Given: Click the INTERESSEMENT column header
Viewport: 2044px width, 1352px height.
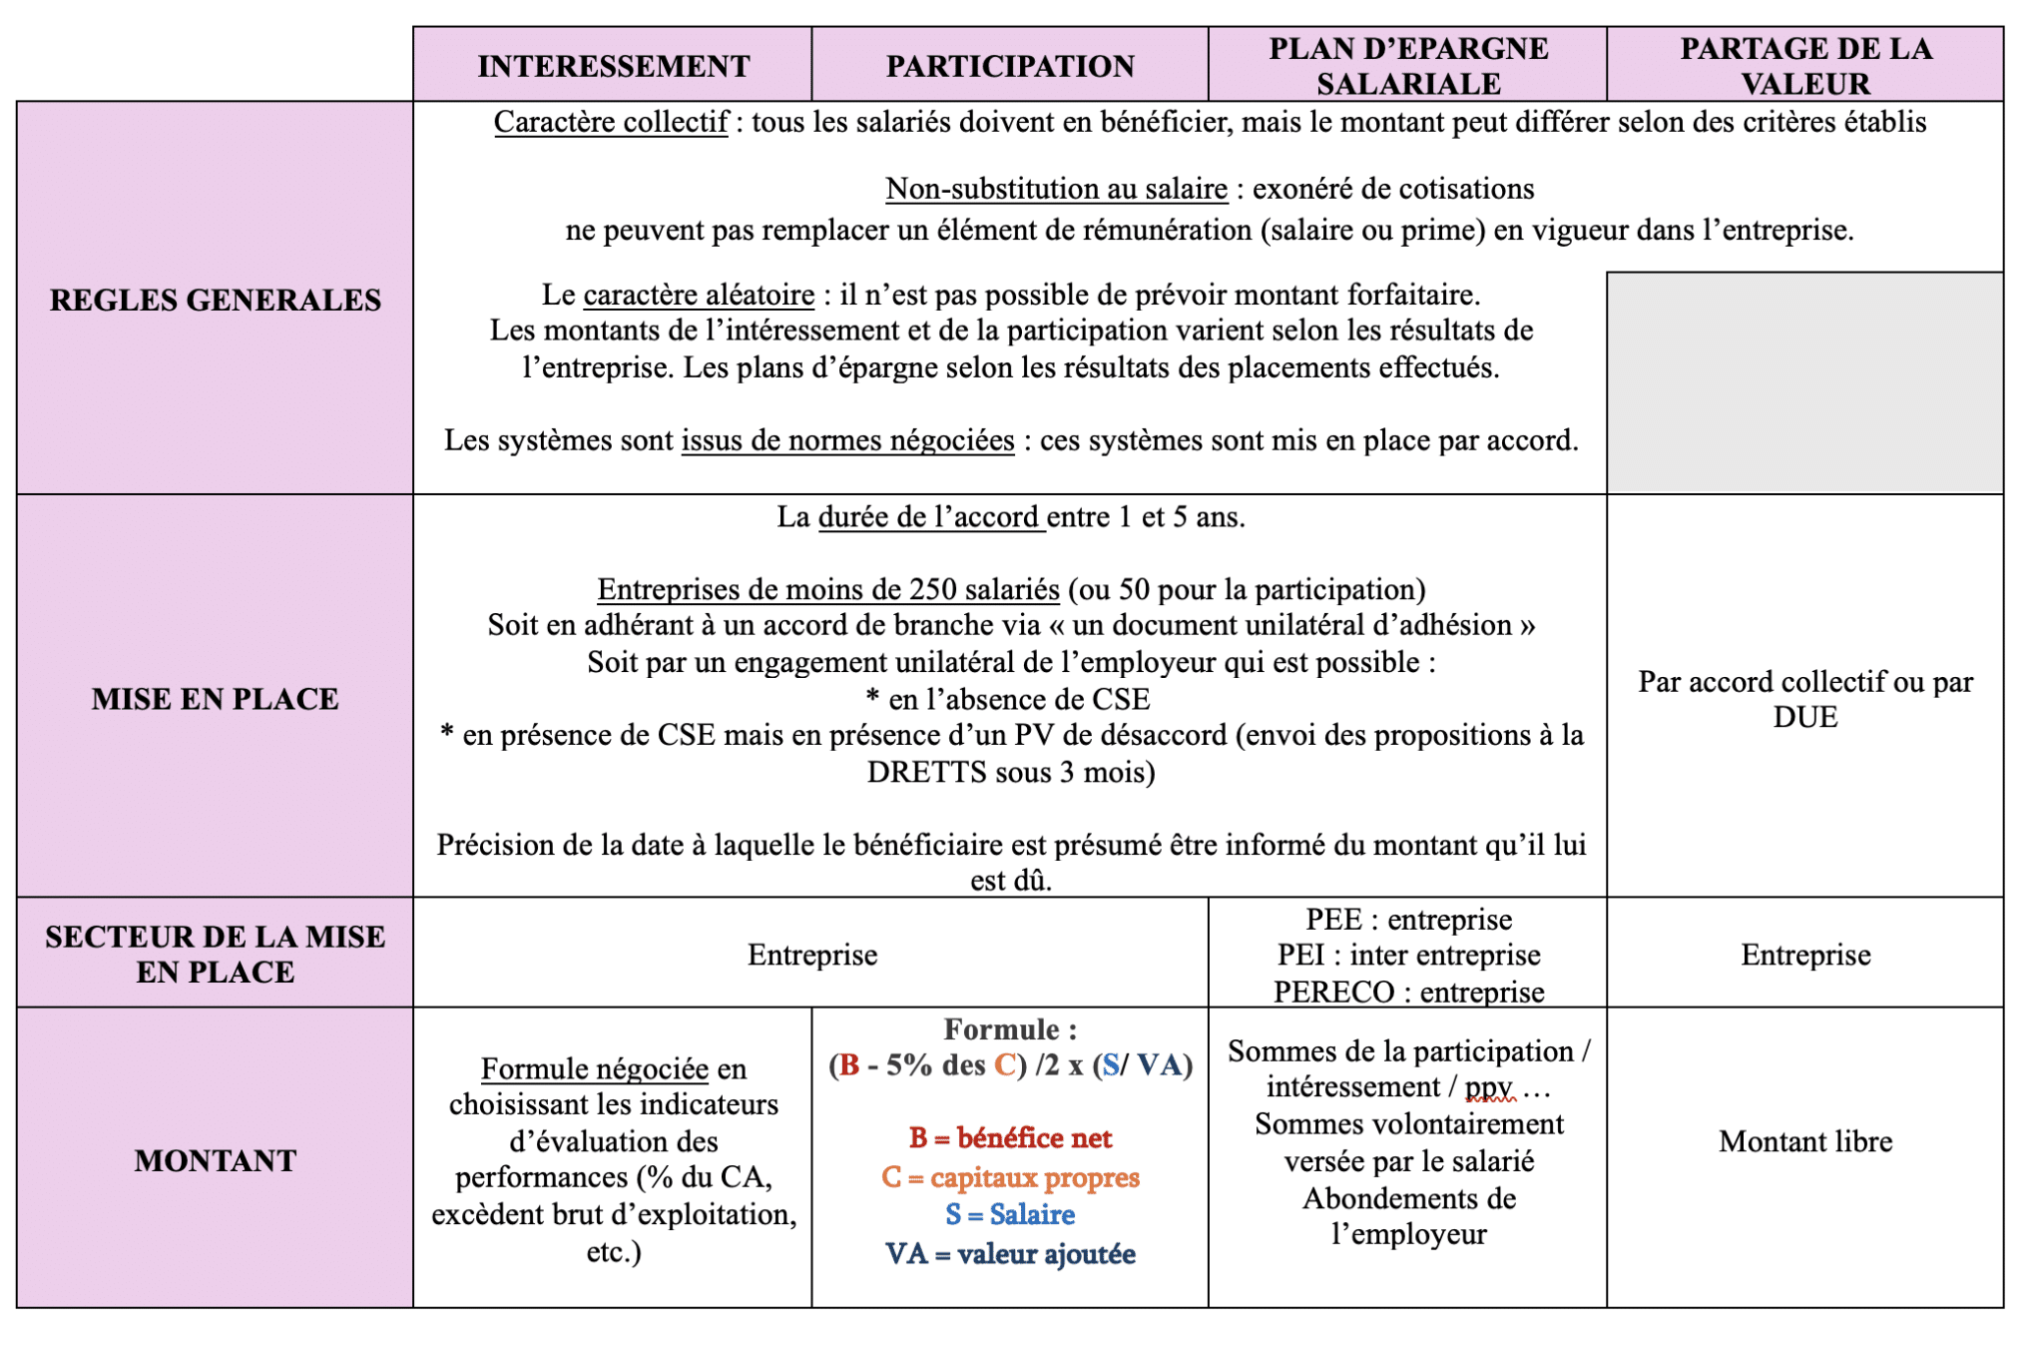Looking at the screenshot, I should [x=613, y=66].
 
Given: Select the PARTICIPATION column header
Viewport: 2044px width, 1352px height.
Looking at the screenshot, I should [x=1010, y=66].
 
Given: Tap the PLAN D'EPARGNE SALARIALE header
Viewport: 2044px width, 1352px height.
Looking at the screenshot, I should [x=1408, y=66].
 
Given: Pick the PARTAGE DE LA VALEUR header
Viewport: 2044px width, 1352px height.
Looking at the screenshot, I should [x=1805, y=66].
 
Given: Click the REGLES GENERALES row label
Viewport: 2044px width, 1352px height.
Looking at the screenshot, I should [x=216, y=300].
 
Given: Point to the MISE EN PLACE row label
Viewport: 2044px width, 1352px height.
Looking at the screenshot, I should [x=216, y=698].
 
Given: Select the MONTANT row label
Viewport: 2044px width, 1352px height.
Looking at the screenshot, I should [x=216, y=1160].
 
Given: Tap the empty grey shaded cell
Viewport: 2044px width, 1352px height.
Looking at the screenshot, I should [x=1805, y=382].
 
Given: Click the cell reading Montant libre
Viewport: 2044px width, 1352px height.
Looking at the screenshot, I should [x=1805, y=1141].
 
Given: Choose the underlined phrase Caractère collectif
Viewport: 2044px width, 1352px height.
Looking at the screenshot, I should [x=611, y=122].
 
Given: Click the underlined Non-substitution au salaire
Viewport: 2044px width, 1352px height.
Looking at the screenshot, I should [x=1056, y=189].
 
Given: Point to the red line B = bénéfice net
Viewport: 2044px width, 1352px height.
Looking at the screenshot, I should [x=1010, y=1138].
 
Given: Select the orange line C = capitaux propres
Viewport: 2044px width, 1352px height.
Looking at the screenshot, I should [x=1010, y=1177].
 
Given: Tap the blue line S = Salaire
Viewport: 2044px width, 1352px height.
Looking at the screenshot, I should [x=1010, y=1215].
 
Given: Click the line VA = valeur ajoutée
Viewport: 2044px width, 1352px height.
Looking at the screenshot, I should [x=1010, y=1254].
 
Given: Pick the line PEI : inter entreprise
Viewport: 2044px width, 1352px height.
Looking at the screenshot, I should [x=1408, y=956].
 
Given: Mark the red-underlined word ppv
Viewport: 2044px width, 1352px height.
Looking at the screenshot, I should [x=1488, y=1087].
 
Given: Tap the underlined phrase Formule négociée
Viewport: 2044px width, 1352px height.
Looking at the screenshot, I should [x=595, y=1069].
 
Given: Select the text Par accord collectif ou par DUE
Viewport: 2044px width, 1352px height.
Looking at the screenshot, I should [x=1805, y=699].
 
